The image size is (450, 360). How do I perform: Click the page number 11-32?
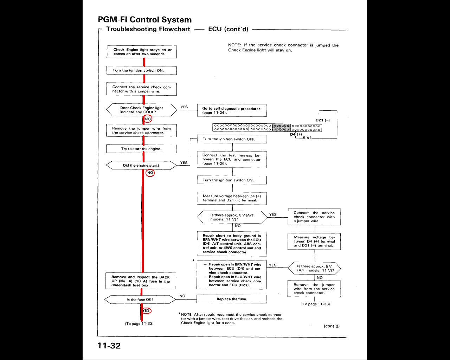pos(109,346)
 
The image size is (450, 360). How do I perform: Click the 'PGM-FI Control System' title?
pos(144,20)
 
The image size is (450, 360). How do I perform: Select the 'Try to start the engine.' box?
pos(141,149)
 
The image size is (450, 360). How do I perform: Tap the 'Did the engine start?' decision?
pos(141,165)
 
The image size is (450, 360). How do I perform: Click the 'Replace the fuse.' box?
pos(232,299)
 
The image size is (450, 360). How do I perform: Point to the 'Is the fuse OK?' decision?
pos(140,300)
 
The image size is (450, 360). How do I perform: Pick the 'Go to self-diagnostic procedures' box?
pos(232,110)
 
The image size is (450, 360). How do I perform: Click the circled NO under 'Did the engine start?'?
pos(150,173)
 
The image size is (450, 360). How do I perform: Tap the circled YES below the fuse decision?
pos(146,310)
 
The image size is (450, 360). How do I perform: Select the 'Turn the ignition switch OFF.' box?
pos(232,139)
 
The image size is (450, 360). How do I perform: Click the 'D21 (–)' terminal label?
pos(322,120)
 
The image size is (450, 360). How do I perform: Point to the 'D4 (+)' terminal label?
pos(296,134)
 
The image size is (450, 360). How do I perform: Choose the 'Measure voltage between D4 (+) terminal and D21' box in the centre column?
pos(232,198)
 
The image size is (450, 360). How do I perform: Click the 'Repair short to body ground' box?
pos(232,244)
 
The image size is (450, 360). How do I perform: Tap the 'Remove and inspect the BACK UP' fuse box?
pos(141,281)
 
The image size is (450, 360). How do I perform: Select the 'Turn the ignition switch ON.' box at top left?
pos(141,70)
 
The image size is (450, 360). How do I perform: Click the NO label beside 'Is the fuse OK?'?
pos(182,296)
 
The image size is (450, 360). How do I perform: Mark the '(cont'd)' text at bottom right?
pos(332,326)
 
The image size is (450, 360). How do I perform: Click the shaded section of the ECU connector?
pos(282,127)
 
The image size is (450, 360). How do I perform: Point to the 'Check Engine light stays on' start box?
pos(142,52)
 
